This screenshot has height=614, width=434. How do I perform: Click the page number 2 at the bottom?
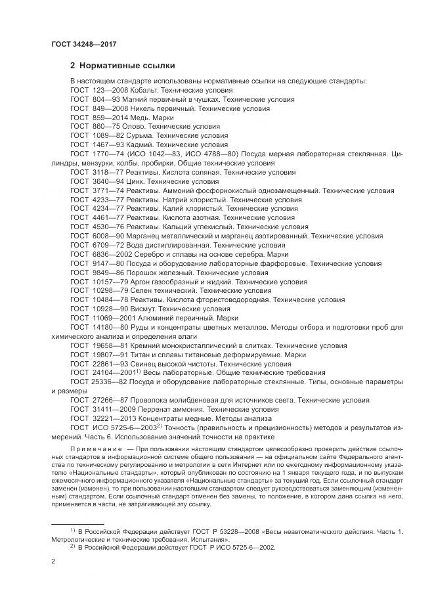53,562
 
